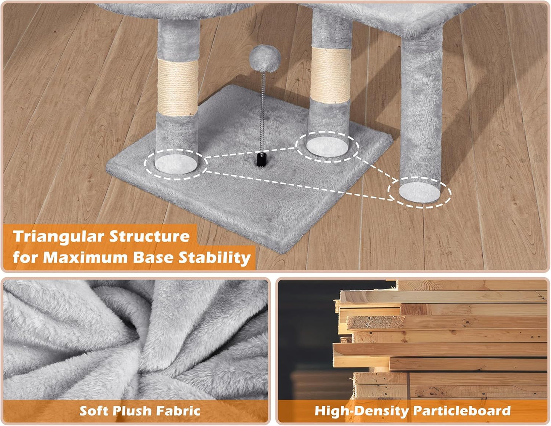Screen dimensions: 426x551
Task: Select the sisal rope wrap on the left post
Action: point(178,87)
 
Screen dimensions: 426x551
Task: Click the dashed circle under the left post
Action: point(176,163)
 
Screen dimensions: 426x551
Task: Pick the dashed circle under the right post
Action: point(419,192)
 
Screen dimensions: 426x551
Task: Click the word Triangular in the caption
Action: point(58,236)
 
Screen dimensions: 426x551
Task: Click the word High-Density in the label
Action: point(361,411)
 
